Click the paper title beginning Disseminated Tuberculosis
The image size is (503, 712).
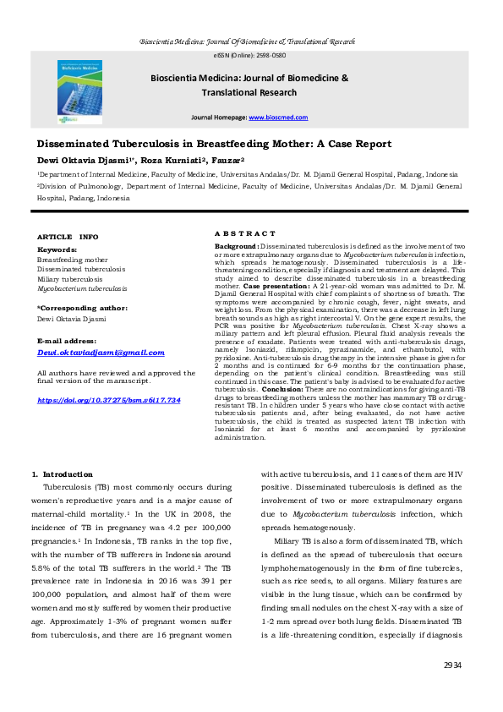(214, 145)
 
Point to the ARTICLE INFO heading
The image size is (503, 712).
(68, 237)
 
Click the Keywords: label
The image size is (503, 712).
(57, 250)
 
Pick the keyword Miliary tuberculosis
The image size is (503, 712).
(70, 278)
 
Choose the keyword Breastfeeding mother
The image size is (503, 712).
(73, 260)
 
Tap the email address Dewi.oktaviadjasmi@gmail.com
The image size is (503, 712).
(101, 353)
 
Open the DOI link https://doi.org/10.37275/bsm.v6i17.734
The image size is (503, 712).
(109, 399)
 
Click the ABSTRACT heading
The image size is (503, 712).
(244, 233)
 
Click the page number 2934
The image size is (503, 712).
(452, 665)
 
